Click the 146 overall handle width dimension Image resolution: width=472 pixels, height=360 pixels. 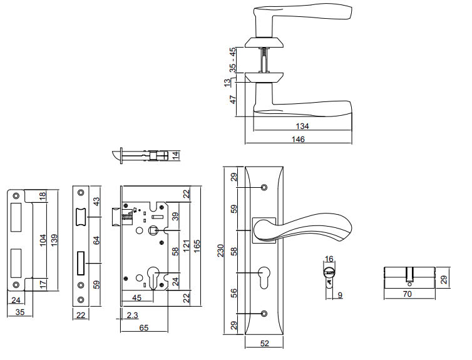coord(298,140)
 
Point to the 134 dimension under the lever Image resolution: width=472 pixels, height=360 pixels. coord(302,125)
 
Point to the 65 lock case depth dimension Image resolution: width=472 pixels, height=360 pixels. coord(144,327)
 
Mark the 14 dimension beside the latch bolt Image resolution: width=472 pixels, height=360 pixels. coord(176,155)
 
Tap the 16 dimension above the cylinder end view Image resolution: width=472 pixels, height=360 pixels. coord(329,258)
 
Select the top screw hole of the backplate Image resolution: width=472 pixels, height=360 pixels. coord(263,187)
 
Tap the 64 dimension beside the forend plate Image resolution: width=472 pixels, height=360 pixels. coord(95,240)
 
